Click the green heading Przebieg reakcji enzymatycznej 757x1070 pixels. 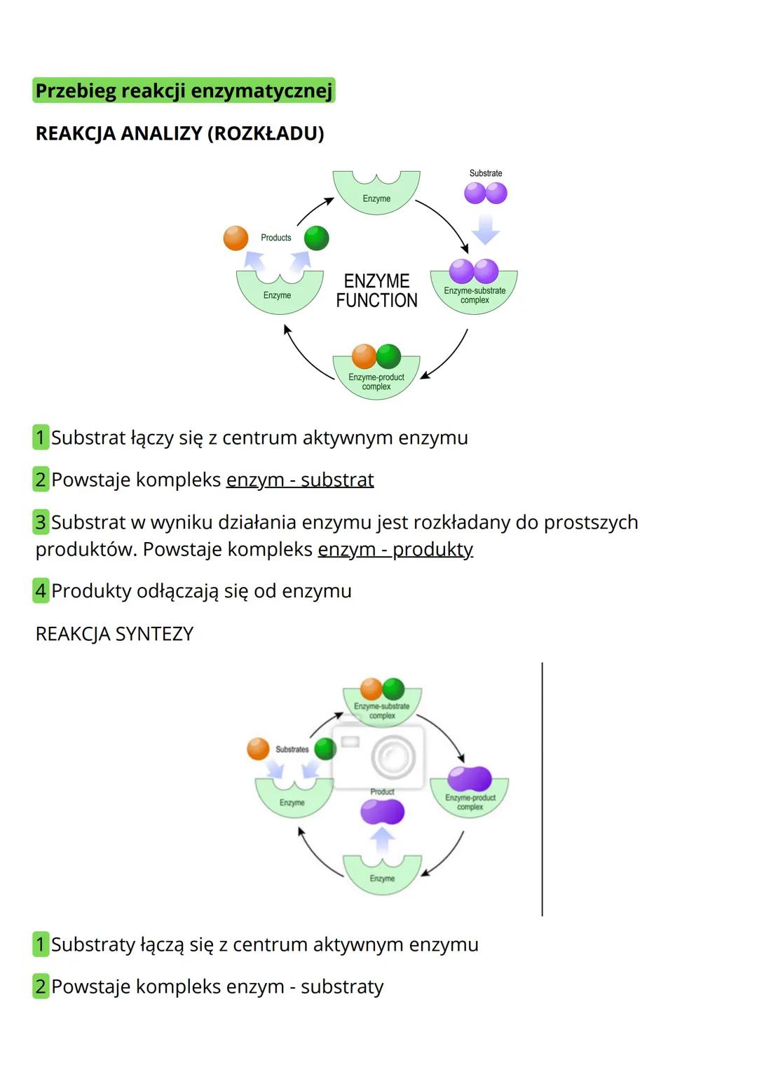coord(184,91)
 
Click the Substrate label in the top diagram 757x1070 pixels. coord(486,173)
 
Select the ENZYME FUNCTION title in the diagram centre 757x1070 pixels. coord(376,290)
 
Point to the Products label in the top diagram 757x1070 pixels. coord(276,238)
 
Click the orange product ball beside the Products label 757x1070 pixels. coord(236,238)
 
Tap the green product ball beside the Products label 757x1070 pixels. coord(317,238)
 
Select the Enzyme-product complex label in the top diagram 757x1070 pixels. coord(376,382)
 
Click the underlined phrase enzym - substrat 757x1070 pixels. coord(300,480)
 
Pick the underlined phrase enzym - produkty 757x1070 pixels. coord(395,549)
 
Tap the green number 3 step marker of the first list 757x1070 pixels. coord(41,522)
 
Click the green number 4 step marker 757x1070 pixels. coord(41,591)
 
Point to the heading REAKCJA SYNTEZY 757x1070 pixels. coord(114,634)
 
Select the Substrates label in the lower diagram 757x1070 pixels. coord(292,750)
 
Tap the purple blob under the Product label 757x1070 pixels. coord(382,812)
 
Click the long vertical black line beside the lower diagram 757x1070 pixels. coord(542,789)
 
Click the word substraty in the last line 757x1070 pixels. coord(342,987)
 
